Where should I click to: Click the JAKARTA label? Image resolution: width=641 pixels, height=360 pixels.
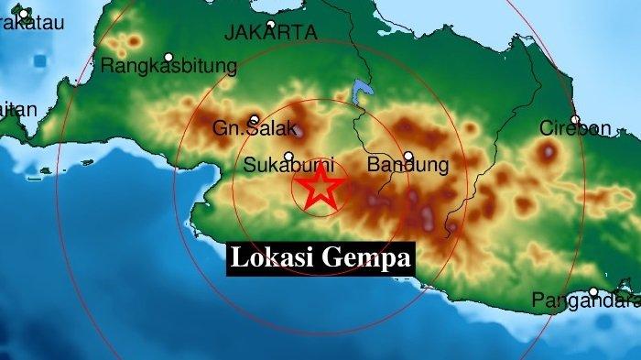tap(271, 33)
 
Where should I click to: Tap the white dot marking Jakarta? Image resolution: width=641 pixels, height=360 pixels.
tap(271, 25)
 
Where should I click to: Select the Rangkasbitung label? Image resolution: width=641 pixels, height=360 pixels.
tap(169, 66)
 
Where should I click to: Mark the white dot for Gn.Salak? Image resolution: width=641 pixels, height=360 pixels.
tap(253, 119)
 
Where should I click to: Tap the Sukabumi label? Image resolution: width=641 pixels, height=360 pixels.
tap(288, 166)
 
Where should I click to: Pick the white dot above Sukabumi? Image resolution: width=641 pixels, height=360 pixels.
tap(288, 156)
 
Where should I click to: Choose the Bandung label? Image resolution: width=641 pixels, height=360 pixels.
tap(407, 166)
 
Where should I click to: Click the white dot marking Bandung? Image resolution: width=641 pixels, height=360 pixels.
tap(407, 156)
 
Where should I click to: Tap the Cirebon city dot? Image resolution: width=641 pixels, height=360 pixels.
tap(575, 120)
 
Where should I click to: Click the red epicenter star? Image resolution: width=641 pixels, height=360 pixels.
tap(320, 187)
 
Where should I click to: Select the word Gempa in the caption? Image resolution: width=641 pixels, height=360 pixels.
tap(364, 257)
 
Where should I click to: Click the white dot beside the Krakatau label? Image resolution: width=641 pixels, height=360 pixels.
tap(25, 13)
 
